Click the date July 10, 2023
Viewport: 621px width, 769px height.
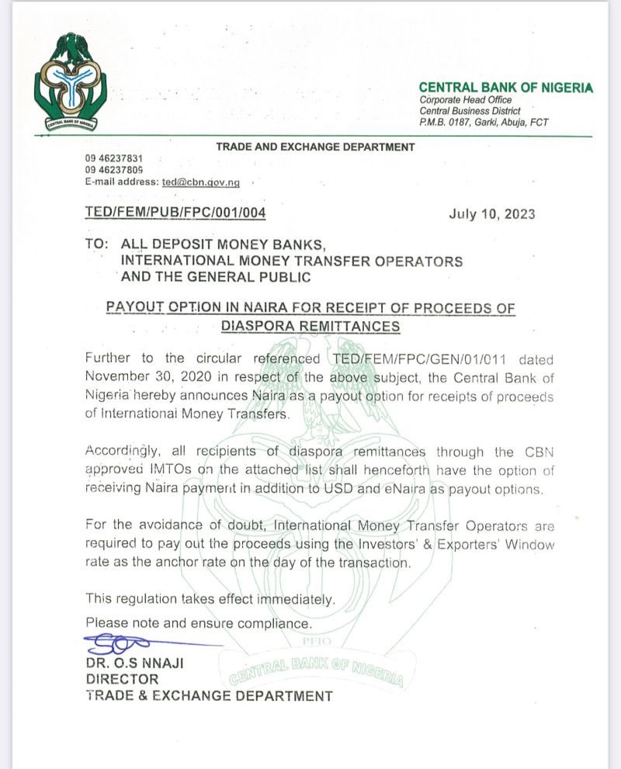(x=492, y=215)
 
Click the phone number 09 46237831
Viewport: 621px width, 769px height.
(x=114, y=158)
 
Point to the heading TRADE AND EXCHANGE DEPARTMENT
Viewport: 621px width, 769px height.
(x=315, y=147)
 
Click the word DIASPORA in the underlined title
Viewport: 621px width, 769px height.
(x=257, y=327)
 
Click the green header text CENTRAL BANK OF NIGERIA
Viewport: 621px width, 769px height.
(x=505, y=88)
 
